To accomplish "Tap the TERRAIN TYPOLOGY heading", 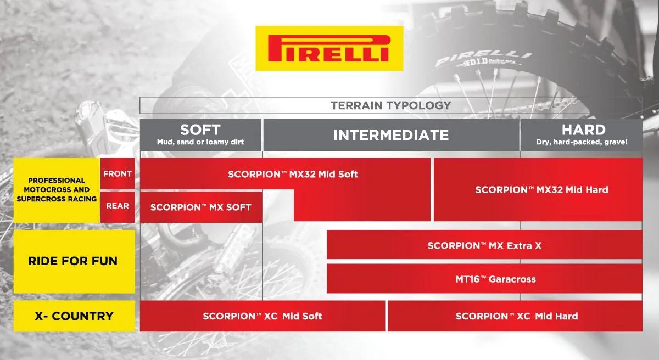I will click(x=390, y=105).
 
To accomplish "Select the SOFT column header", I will click(x=200, y=130).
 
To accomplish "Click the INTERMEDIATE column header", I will click(x=390, y=135).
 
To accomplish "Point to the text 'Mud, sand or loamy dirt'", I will click(x=200, y=142).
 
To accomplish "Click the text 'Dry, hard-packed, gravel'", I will click(x=582, y=142).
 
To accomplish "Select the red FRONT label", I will click(x=117, y=174).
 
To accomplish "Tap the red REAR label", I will click(x=117, y=206).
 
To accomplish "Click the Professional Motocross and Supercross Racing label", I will click(x=57, y=189).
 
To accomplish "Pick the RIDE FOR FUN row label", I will click(x=73, y=261).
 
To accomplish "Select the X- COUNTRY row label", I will click(x=73, y=316).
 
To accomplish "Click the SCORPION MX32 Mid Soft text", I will click(x=293, y=174).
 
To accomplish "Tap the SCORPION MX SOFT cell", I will click(x=200, y=207).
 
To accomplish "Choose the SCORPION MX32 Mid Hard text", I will click(x=541, y=190).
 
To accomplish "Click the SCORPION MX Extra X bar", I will click(x=484, y=245).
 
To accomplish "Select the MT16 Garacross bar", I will click(x=484, y=279).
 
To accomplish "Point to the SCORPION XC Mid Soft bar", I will click(x=262, y=316).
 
